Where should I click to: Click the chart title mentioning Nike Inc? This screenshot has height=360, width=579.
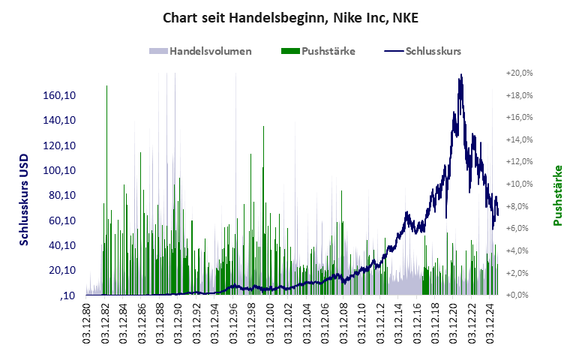[289, 16]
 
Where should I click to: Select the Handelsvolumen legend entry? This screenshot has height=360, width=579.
[200, 52]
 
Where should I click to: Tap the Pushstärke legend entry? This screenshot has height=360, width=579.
[318, 52]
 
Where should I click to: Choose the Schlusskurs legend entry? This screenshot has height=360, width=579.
[423, 52]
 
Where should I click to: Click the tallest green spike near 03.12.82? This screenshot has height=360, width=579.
[106, 87]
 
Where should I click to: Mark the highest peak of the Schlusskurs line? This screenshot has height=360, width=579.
[460, 74]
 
